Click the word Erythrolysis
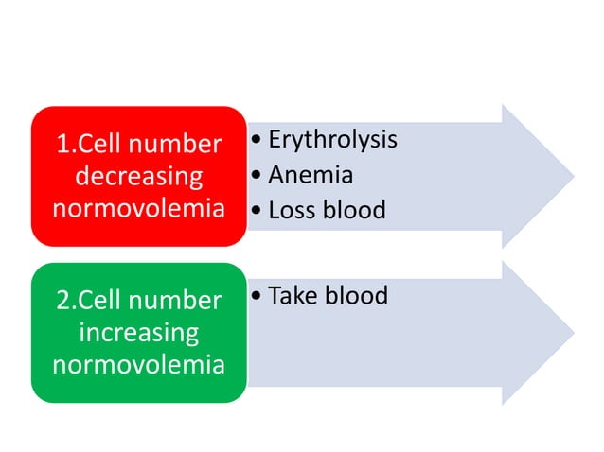pos(332,140)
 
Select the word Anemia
pos(311,175)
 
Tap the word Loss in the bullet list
pos(292,209)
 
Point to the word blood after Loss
pos(353,209)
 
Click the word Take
pos(293,296)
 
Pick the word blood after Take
pos(355,296)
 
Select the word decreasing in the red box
pos(138,176)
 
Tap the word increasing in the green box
pos(138,333)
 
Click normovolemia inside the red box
pos(138,208)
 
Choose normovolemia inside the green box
pos(138,364)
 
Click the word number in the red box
pos(180,145)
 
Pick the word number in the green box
pos(180,301)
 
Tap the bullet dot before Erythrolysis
pos(258,142)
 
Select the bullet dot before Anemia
pos(258,176)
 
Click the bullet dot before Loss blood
pos(258,210)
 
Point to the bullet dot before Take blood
pos(258,297)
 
